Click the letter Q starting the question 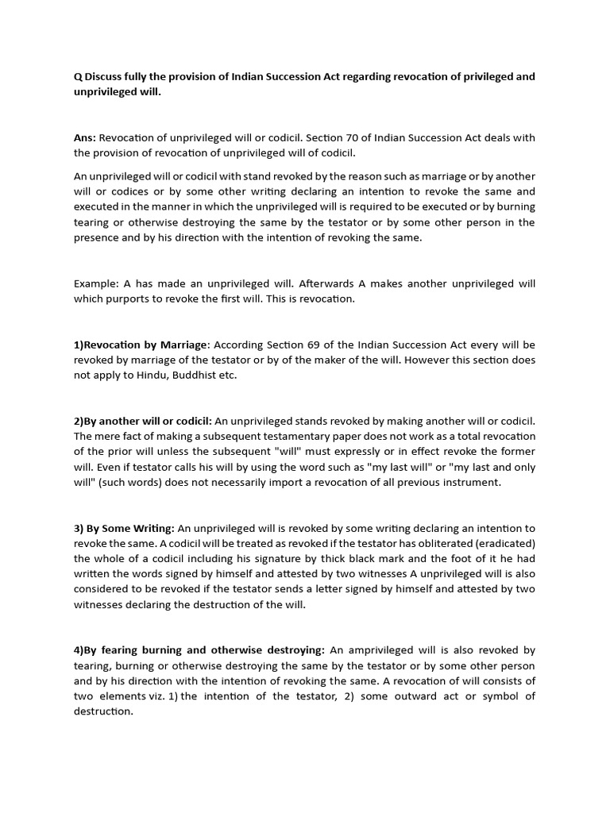pos(78,76)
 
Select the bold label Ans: pos(85,137)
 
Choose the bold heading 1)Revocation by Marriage pos(141,345)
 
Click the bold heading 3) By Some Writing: pos(123,528)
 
